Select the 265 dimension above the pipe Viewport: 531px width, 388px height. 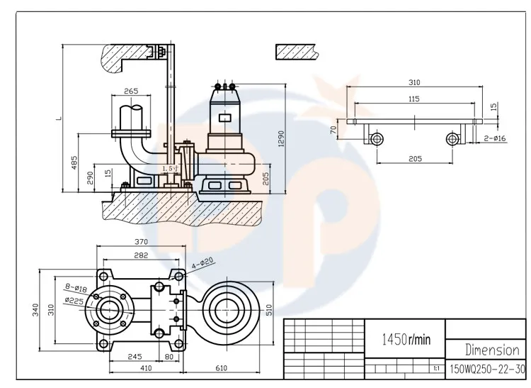(130, 91)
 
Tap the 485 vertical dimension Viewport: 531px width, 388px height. (75, 164)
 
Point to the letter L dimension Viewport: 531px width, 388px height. (59, 119)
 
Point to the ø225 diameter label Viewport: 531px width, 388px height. (75, 299)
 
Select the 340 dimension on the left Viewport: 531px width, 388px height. (34, 310)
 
